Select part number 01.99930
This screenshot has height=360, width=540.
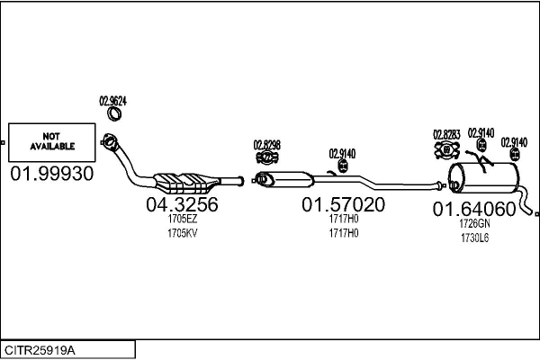click(x=52, y=174)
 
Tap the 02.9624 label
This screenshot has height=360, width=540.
click(x=112, y=101)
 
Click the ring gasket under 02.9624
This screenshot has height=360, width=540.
click(x=115, y=113)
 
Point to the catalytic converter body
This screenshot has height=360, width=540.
click(x=186, y=180)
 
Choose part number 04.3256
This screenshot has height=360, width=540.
click(x=182, y=205)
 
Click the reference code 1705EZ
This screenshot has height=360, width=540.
click(x=182, y=219)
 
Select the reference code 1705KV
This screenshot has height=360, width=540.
click(x=182, y=232)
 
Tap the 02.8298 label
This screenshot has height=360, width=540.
click(x=266, y=144)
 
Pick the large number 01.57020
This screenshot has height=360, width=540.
click(x=343, y=205)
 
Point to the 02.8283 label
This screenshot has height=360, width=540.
click(x=446, y=135)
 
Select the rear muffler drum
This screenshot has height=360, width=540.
click(x=485, y=178)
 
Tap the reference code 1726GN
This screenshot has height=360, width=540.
click(x=474, y=223)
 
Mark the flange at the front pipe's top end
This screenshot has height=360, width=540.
click(x=111, y=141)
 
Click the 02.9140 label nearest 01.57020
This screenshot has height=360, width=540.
click(x=342, y=153)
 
